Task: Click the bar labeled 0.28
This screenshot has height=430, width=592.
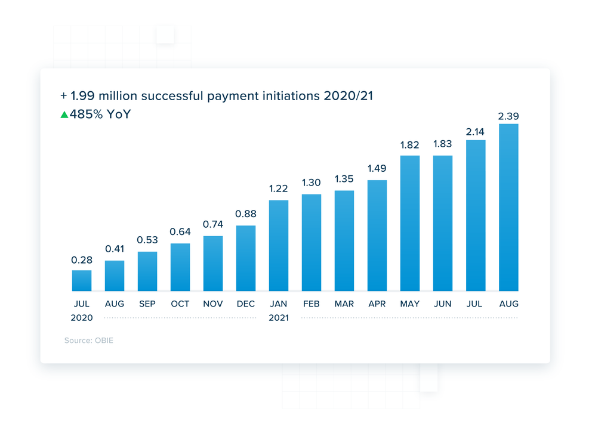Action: (x=82, y=280)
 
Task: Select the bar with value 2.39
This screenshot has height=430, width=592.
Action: (x=508, y=208)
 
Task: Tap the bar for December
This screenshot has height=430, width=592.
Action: (x=246, y=258)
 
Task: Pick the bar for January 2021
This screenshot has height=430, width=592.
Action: (x=279, y=246)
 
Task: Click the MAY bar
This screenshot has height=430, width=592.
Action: (x=410, y=223)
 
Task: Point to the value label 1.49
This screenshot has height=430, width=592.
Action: (x=377, y=169)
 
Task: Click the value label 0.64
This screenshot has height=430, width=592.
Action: (x=180, y=232)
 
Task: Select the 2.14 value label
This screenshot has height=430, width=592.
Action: (x=476, y=129)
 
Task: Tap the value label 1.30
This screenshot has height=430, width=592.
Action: (x=312, y=183)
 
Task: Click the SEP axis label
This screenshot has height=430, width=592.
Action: (x=147, y=304)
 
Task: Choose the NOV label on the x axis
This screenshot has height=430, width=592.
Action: (x=213, y=304)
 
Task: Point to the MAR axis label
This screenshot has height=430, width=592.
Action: (x=344, y=304)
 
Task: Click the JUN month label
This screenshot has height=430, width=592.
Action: (x=443, y=304)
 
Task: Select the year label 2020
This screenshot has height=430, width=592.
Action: (x=82, y=318)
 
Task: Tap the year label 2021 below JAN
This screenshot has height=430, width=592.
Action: (x=279, y=318)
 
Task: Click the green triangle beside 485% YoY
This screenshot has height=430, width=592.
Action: (x=64, y=115)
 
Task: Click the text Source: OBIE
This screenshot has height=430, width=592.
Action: (x=89, y=341)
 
